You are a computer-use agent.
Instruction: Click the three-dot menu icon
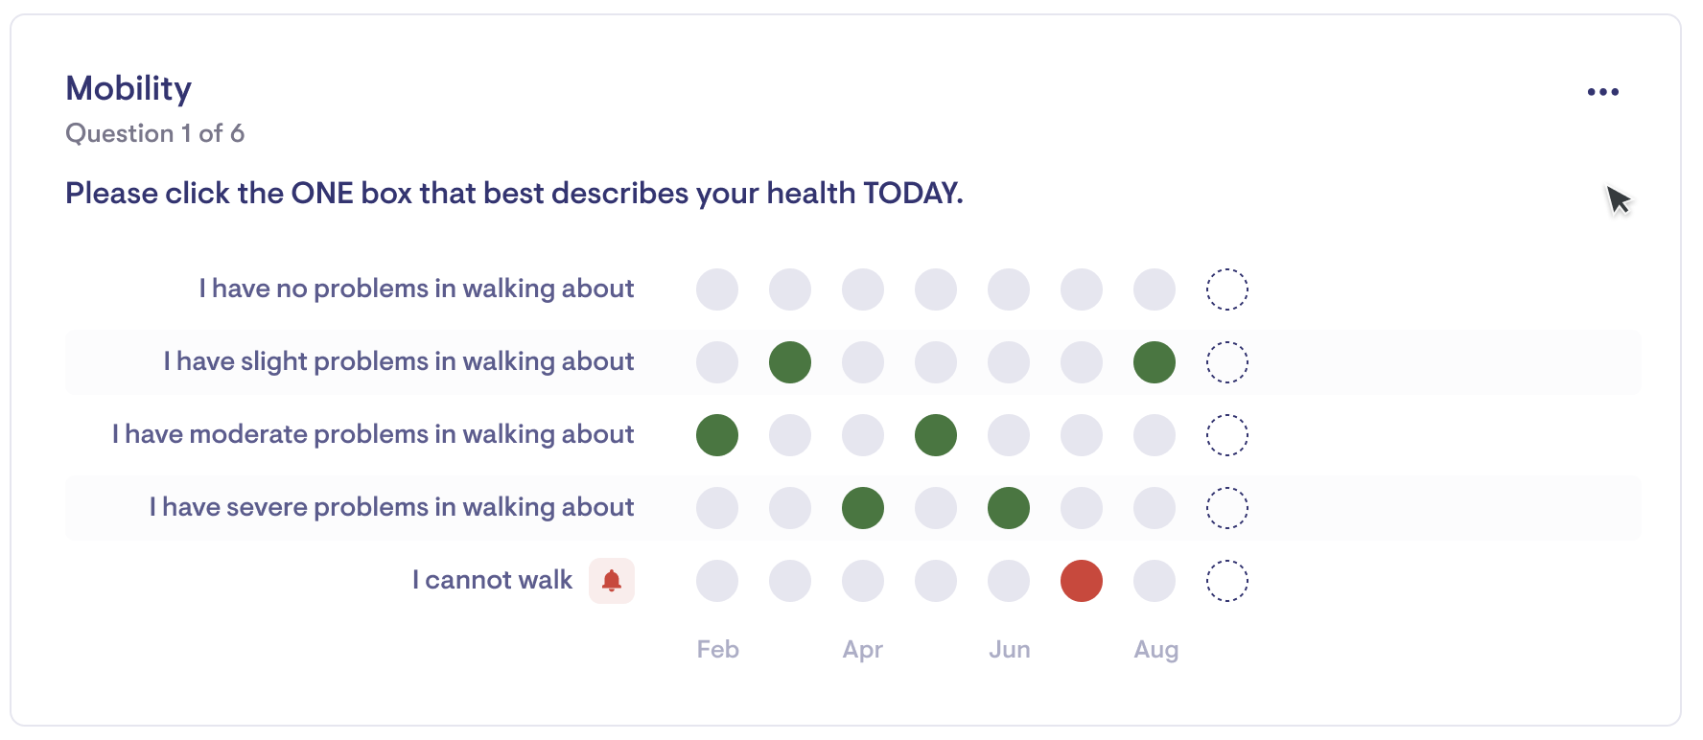[1602, 92]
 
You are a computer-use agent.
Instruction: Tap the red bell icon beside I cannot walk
[612, 580]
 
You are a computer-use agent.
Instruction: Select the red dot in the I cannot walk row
[1082, 581]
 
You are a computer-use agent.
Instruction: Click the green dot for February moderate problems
[717, 435]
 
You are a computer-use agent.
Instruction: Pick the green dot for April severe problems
[863, 508]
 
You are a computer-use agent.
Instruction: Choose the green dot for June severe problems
[1009, 508]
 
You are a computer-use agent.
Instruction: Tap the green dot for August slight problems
[1155, 362]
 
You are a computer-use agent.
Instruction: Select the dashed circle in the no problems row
[1227, 269]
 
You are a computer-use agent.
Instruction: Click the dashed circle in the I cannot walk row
[1227, 561]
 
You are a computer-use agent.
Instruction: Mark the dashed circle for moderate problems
[1227, 415]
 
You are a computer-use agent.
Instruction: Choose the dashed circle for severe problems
[1227, 488]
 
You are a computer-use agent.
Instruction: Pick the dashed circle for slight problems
[1227, 342]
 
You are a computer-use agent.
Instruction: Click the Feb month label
[718, 649]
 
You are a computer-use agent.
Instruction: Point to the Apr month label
[863, 650]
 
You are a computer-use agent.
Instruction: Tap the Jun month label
[1010, 649]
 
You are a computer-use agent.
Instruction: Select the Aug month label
[1156, 650]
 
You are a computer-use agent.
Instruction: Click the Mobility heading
[128, 88]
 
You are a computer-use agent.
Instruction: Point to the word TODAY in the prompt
[913, 193]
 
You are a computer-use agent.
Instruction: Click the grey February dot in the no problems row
[717, 289]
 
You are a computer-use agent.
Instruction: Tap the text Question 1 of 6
[154, 133]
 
